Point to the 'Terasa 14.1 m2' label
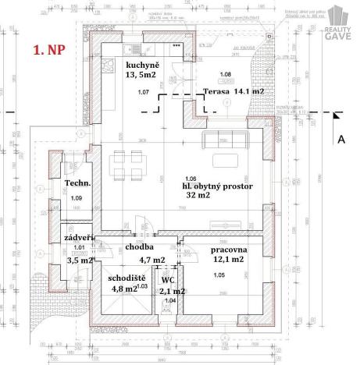tap(233, 91)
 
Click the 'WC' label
tap(167, 279)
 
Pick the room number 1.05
tap(218, 275)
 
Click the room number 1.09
tap(75, 198)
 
